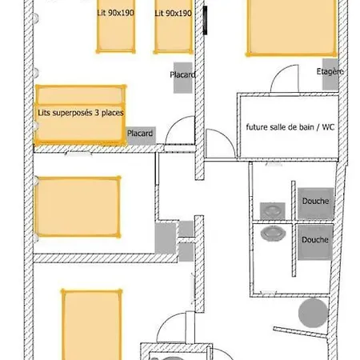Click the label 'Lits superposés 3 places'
(81, 113)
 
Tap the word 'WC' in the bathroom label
(328, 127)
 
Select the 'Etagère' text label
(330, 71)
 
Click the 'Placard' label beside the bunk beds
(140, 133)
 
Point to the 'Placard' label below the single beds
(182, 74)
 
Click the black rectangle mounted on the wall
(205, 20)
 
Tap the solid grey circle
(313, 313)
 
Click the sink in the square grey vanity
(273, 211)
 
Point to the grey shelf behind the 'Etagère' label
(330, 74)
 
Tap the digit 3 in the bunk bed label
(97, 113)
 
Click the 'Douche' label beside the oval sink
(315, 240)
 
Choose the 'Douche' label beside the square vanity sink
(315, 201)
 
